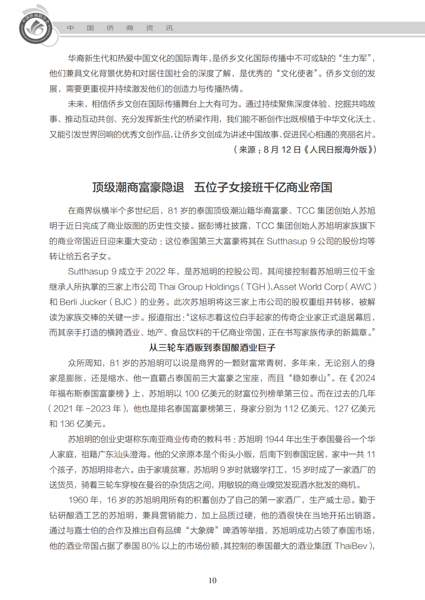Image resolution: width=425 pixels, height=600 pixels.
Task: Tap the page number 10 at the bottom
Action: pos(213,580)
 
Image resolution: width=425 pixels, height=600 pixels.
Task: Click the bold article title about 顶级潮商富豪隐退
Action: pos(212,187)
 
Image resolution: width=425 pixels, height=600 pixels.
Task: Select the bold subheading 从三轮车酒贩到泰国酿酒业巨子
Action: pos(212,348)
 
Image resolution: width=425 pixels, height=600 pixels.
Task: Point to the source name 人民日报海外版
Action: pos(338,150)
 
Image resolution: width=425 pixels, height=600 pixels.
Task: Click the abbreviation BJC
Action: pos(123,302)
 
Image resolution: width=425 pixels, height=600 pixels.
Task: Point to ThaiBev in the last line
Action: pos(351,546)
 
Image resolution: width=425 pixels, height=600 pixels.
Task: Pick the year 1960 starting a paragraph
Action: pos(78,500)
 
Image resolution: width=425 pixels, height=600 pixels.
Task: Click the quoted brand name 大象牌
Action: pos(202,531)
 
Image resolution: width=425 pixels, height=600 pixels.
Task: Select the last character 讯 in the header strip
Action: pos(169,28)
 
